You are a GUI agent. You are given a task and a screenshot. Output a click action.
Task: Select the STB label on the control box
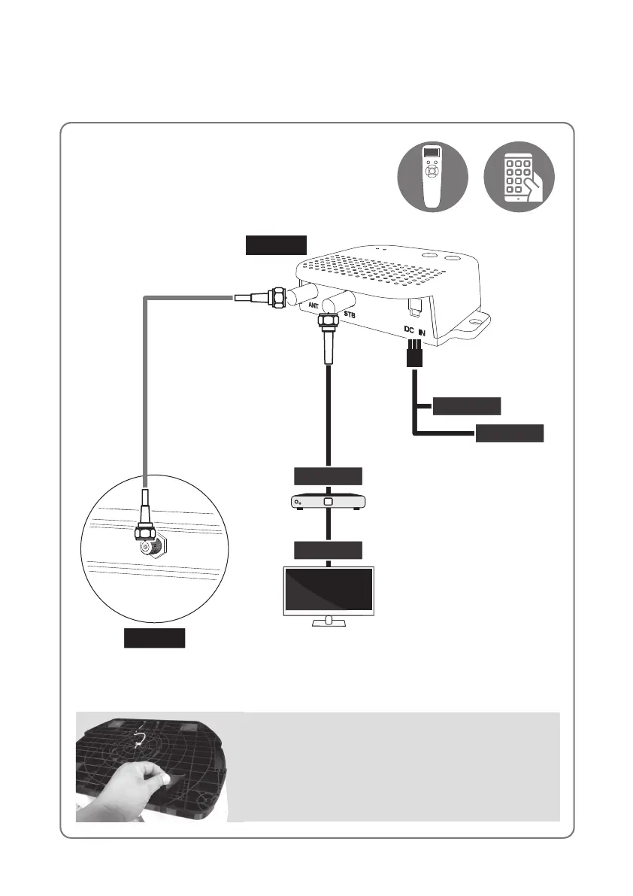[350, 313]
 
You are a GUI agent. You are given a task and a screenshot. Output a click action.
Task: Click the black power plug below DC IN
[413, 355]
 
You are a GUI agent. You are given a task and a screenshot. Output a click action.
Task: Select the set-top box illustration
[329, 503]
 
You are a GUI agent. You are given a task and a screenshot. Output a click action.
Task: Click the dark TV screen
[329, 590]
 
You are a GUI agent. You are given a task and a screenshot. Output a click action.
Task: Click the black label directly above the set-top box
[329, 475]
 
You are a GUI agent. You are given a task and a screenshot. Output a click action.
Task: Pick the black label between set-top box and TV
[329, 549]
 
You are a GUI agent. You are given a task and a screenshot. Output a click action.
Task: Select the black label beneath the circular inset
[154, 639]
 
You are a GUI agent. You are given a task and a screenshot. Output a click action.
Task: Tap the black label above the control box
[277, 245]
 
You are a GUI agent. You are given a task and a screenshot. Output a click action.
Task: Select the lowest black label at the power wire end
[510, 433]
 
